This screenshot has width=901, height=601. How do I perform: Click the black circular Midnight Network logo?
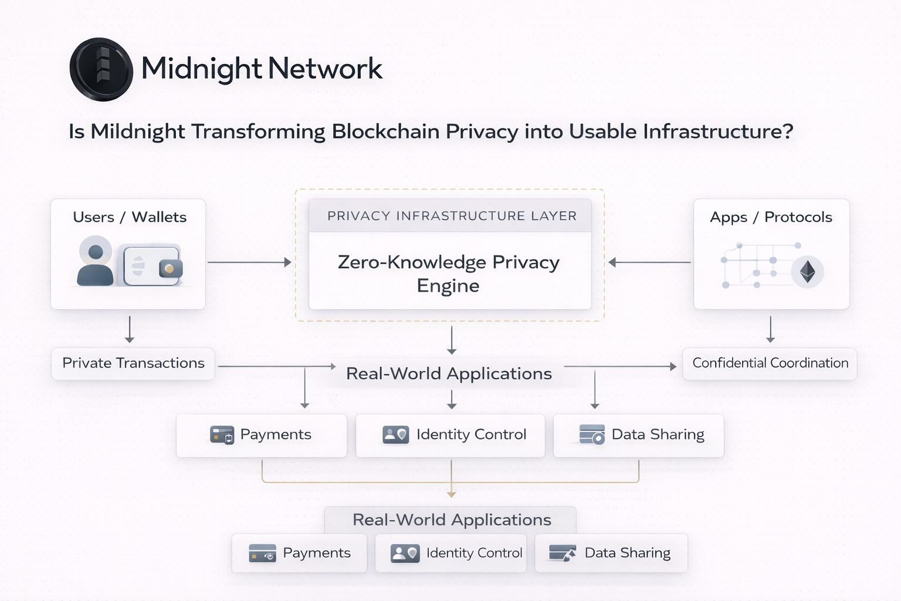pos(101,69)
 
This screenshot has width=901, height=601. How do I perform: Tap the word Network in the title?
pos(326,69)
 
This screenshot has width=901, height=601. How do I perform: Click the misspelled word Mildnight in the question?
pos(137,131)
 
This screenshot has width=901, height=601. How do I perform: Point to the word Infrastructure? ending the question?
pos(718,131)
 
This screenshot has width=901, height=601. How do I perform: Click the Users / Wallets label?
pos(130,217)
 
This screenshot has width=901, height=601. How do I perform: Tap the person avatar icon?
pos(95,261)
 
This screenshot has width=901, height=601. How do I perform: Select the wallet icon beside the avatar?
pos(152,266)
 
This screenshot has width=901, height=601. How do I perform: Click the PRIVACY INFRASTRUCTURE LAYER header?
pos(451,216)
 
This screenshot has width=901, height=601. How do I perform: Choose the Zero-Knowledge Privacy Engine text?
pos(449,274)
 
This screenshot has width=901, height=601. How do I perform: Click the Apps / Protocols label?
pos(771,217)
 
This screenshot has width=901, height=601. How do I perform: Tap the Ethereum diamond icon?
pos(808,271)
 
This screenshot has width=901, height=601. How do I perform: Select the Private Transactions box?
pos(133,363)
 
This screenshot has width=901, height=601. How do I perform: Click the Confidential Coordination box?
pos(770,363)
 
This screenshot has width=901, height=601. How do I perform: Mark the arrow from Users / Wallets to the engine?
pos(249,262)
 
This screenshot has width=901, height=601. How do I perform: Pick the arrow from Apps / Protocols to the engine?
pos(649,262)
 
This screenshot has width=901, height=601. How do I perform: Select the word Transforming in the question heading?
pos(258,131)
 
